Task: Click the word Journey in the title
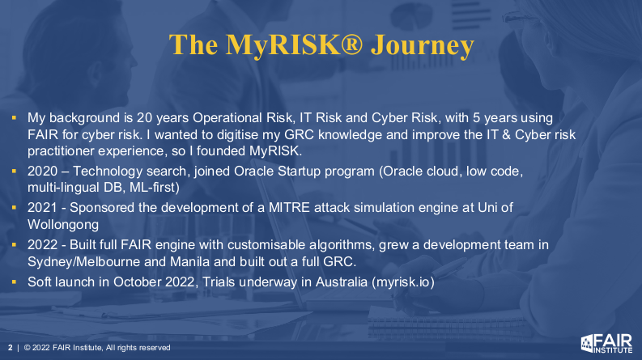pos(422,45)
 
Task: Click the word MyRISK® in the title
pos(294,45)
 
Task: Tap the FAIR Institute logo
pos(606,343)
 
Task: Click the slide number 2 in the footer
pos(11,348)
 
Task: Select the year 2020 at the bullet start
pos(43,171)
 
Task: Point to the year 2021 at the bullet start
pos(42,208)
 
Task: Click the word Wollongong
pos(63,225)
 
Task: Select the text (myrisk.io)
pos(403,282)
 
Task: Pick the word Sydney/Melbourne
pos(84,262)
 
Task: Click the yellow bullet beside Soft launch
pos(15,282)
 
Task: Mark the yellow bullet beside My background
pos(15,118)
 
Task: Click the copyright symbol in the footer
pos(28,348)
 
